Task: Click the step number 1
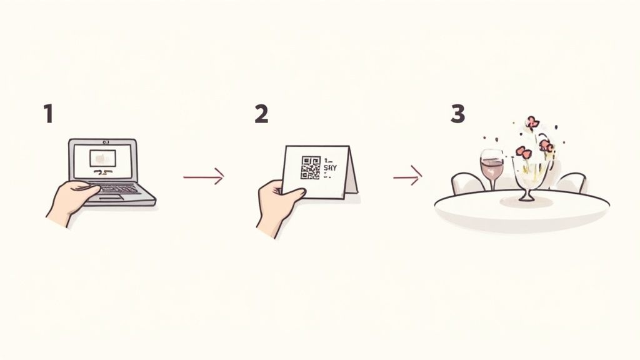click(x=48, y=114)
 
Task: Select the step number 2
click(x=261, y=114)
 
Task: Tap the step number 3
click(x=458, y=114)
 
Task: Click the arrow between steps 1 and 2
click(x=204, y=177)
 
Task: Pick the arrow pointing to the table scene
click(x=407, y=177)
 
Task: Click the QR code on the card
click(x=310, y=167)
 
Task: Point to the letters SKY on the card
click(x=329, y=168)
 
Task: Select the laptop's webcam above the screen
click(x=102, y=142)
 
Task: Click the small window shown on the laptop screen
click(x=102, y=158)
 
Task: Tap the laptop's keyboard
click(x=116, y=187)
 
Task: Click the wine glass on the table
click(x=491, y=165)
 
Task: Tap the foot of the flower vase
click(x=527, y=198)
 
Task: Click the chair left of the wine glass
click(x=467, y=184)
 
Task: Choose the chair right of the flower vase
click(x=571, y=182)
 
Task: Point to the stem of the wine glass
click(x=491, y=184)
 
